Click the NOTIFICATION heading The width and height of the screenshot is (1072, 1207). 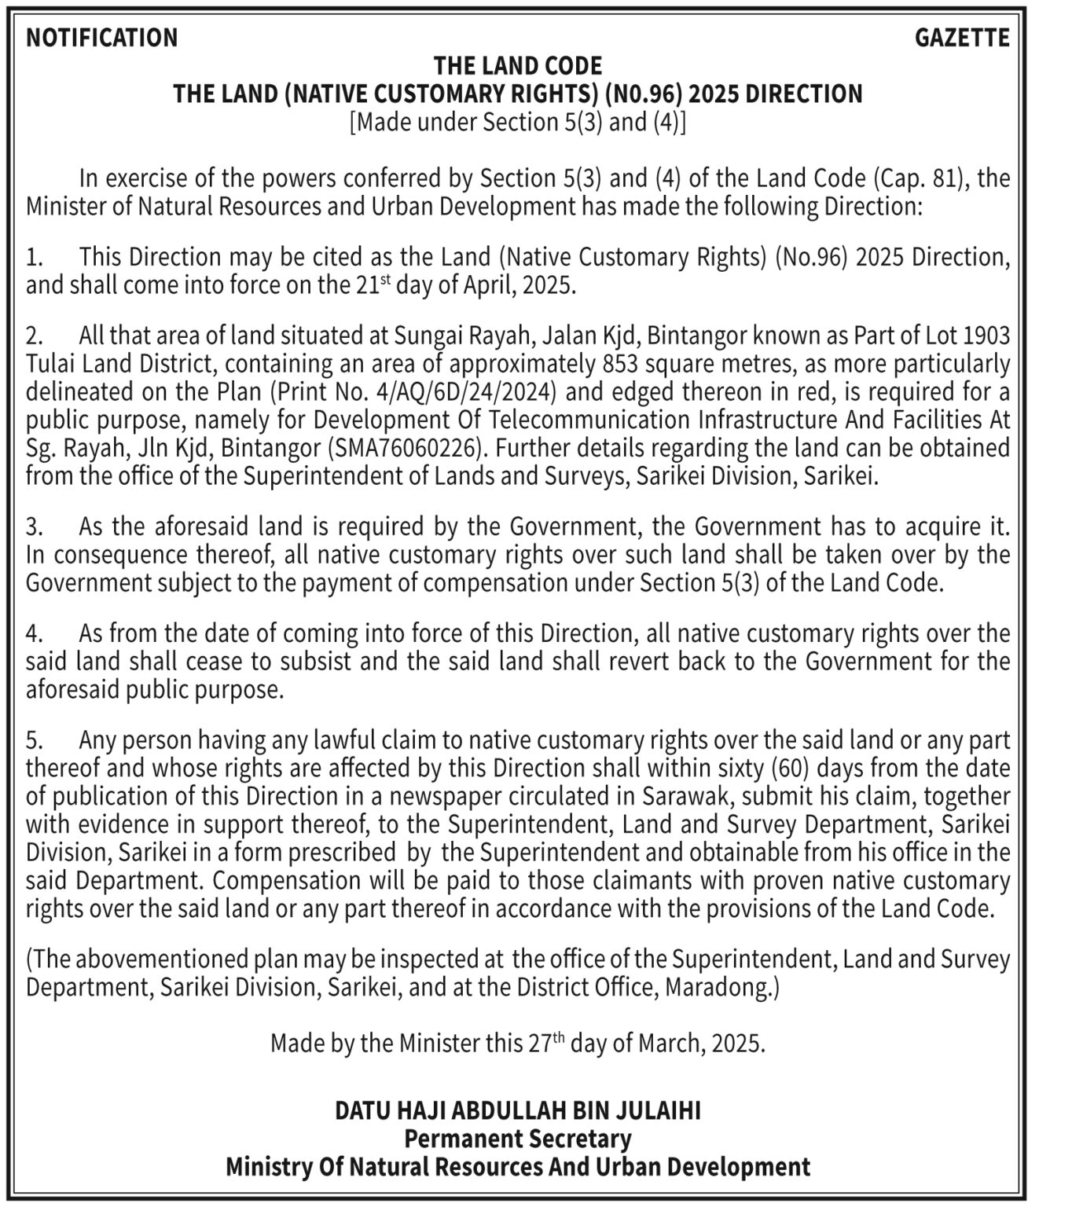pyautogui.click(x=102, y=38)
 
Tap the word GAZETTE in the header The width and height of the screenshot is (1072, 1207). pyautogui.click(x=962, y=38)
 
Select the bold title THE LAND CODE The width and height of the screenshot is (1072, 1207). pyautogui.click(x=518, y=65)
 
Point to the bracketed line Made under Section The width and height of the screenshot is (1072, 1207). pyautogui.click(x=518, y=123)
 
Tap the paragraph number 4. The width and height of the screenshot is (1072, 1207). pyautogui.click(x=32, y=633)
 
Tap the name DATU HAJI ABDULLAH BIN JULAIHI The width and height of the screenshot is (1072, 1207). pyautogui.click(x=518, y=1110)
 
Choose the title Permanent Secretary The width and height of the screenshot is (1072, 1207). pyautogui.click(x=518, y=1138)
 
